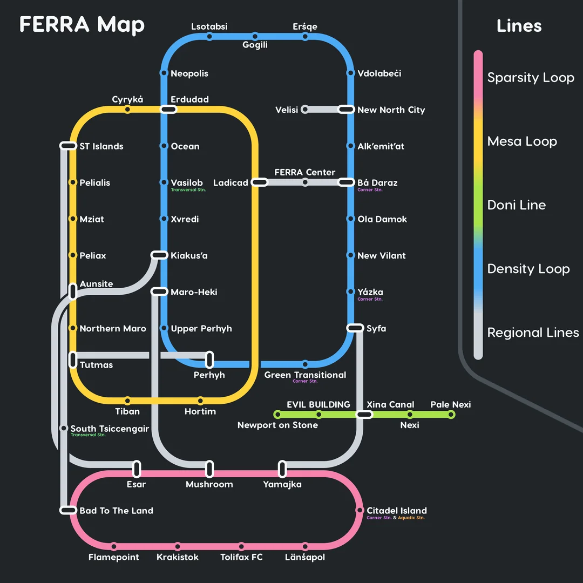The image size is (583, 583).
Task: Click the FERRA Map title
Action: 82,25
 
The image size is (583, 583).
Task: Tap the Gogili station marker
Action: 255,37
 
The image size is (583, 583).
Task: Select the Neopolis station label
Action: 189,73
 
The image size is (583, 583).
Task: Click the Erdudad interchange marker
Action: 168,110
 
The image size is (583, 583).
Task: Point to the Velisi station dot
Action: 305,110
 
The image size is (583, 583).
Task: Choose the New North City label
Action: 391,110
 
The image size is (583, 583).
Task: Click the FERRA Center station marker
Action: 305,182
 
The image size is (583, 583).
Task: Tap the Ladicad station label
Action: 231,183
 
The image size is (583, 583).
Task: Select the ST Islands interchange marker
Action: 68,146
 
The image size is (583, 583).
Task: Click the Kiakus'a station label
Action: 189,256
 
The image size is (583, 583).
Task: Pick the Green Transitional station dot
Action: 305,364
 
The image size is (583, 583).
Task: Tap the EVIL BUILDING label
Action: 318,404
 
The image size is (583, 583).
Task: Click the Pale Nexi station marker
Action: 451,415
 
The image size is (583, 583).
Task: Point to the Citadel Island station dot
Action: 360,510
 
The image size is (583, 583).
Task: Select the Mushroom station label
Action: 209,484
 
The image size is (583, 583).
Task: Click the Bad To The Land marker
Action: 68,510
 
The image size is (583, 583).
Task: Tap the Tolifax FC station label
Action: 241,557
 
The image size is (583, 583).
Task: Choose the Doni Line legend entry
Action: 516,205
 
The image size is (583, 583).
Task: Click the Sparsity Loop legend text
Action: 531,78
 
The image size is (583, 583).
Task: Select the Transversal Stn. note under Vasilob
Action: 188,190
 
